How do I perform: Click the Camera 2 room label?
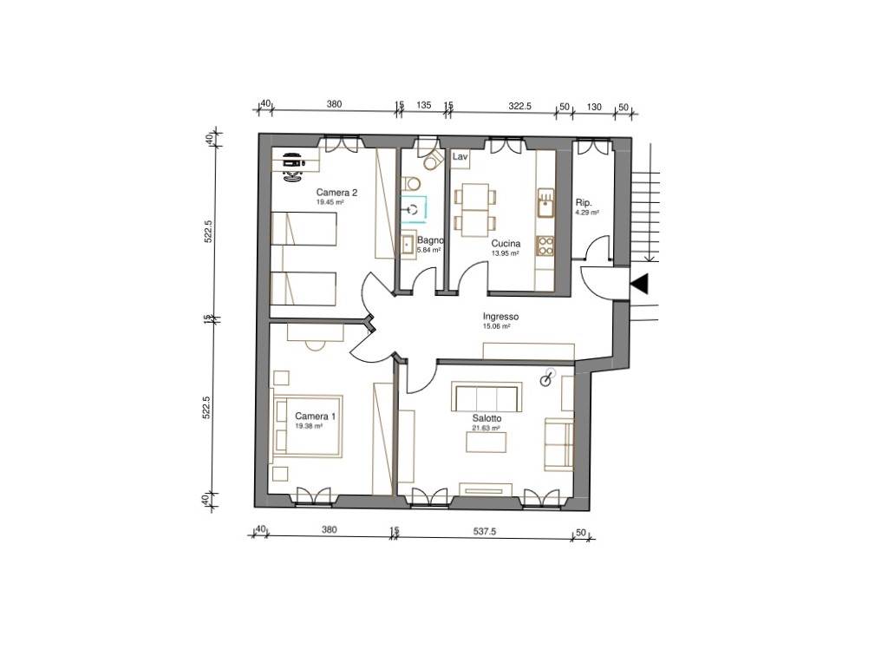(336, 193)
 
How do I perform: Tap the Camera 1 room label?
(316, 416)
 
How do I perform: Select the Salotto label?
(486, 418)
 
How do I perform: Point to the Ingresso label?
(500, 317)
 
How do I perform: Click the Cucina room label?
(506, 244)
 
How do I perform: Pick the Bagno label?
(430, 240)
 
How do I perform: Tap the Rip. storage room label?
(583, 203)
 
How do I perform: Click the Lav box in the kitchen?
(460, 157)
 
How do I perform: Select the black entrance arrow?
(639, 284)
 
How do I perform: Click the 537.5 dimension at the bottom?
(485, 532)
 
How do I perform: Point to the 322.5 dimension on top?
(520, 106)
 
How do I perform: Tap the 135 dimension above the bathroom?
(424, 105)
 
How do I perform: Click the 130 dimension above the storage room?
(594, 107)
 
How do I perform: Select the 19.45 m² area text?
(330, 203)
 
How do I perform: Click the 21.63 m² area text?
(486, 428)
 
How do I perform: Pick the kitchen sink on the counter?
(545, 204)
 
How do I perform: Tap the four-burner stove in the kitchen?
(545, 246)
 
